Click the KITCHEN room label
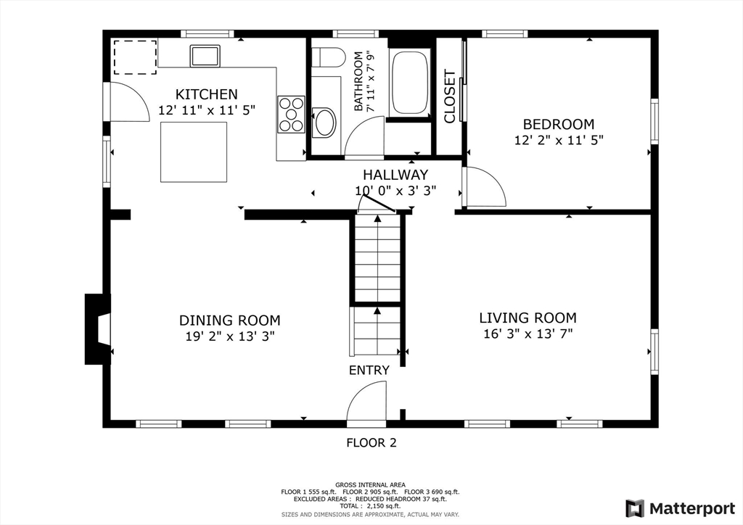tap(207, 94)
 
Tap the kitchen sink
tap(205, 56)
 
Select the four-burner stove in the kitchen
tap(291, 114)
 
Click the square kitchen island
tap(193, 152)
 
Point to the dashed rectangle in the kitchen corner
tap(135, 57)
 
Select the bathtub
tap(410, 83)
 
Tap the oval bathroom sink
tap(324, 123)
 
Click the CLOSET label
tap(449, 96)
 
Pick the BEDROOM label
tap(559, 124)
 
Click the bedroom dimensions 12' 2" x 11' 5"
tap(559, 141)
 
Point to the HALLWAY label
tap(395, 175)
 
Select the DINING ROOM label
tap(230, 321)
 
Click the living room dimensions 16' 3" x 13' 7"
tap(528, 334)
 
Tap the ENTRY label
tap(369, 371)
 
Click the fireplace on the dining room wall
tap(98, 329)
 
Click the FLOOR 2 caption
tap(371, 443)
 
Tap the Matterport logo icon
tap(635, 508)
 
